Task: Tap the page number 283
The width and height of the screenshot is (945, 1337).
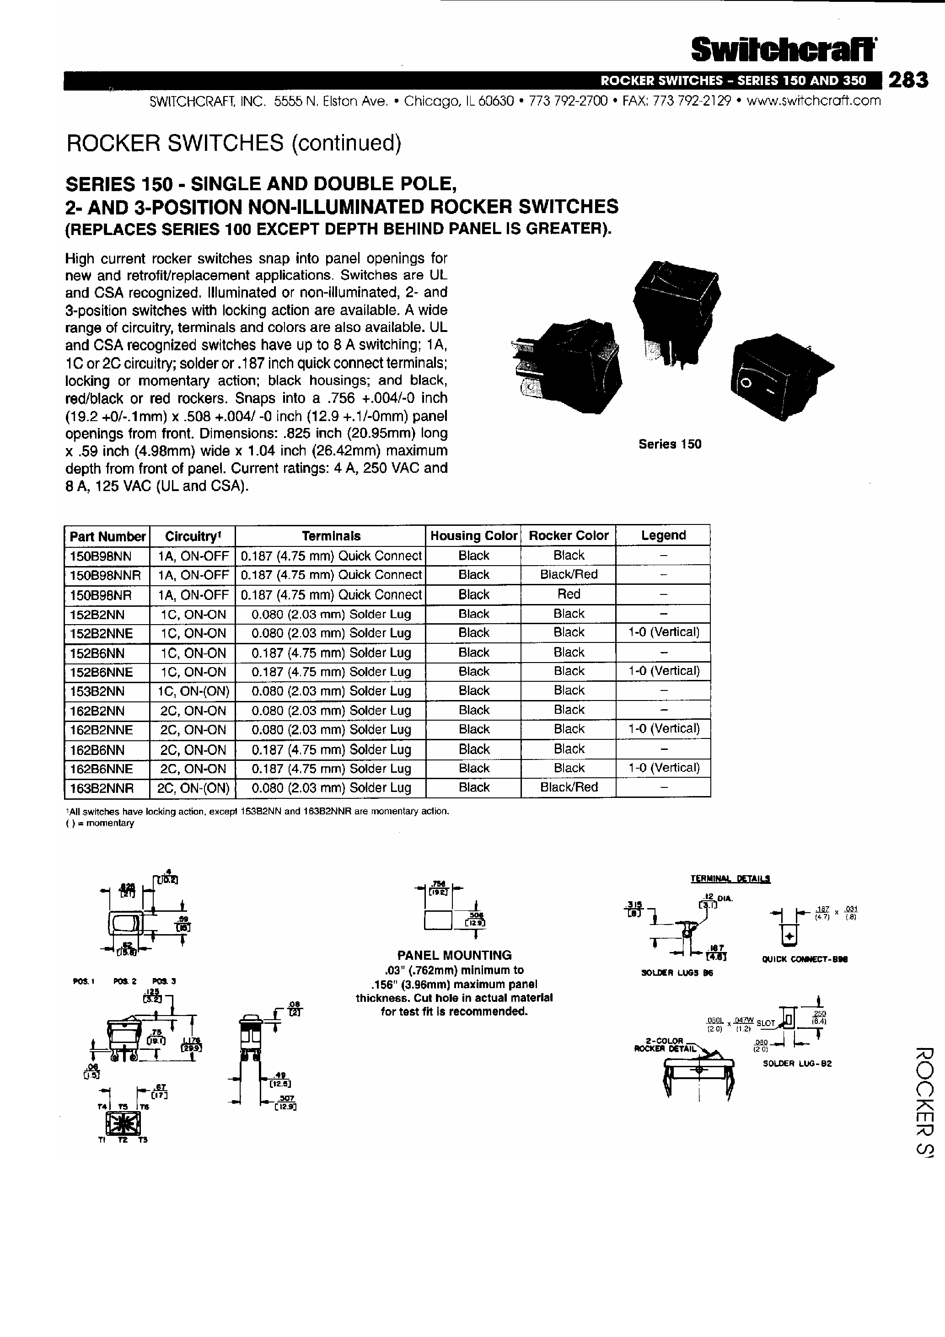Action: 907,80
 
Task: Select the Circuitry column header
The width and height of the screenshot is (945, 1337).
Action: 192,536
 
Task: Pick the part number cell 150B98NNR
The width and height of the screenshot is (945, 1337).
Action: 106,575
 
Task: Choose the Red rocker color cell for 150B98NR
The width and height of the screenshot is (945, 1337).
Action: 569,594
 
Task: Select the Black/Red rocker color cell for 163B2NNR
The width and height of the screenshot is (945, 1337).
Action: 569,787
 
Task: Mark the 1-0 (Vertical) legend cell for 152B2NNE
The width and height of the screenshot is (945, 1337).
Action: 664,632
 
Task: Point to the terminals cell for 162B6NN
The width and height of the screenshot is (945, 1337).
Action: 331,749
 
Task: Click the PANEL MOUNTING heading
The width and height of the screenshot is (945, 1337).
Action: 455,955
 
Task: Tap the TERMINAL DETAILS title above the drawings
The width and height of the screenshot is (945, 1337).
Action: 730,879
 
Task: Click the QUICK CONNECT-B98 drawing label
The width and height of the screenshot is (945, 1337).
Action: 805,960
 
